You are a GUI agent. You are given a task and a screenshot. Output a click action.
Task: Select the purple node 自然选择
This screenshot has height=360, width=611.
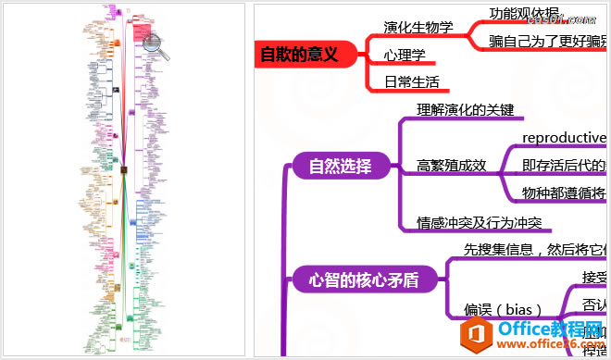340,167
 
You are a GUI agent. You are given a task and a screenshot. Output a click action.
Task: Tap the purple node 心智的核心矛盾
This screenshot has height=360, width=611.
364,279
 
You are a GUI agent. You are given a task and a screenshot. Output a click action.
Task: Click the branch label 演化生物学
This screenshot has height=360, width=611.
418,27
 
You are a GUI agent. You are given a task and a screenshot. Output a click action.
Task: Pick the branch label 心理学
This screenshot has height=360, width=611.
405,55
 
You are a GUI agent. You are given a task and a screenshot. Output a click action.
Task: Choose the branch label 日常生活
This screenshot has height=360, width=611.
412,81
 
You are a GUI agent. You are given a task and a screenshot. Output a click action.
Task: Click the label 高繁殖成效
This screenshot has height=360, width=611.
452,166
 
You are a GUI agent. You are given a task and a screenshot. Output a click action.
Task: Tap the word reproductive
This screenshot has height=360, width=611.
564,138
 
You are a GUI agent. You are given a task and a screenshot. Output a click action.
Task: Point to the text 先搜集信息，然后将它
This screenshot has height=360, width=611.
535,250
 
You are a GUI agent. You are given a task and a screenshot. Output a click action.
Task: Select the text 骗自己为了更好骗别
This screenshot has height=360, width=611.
549,41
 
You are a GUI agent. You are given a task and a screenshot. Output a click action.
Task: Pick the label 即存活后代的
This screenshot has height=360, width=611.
564,166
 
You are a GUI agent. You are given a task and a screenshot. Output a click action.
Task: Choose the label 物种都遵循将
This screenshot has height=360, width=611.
564,192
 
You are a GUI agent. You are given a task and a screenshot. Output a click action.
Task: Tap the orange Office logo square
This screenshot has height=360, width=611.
479,334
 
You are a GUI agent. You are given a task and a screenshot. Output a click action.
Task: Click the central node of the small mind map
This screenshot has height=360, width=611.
124,169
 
